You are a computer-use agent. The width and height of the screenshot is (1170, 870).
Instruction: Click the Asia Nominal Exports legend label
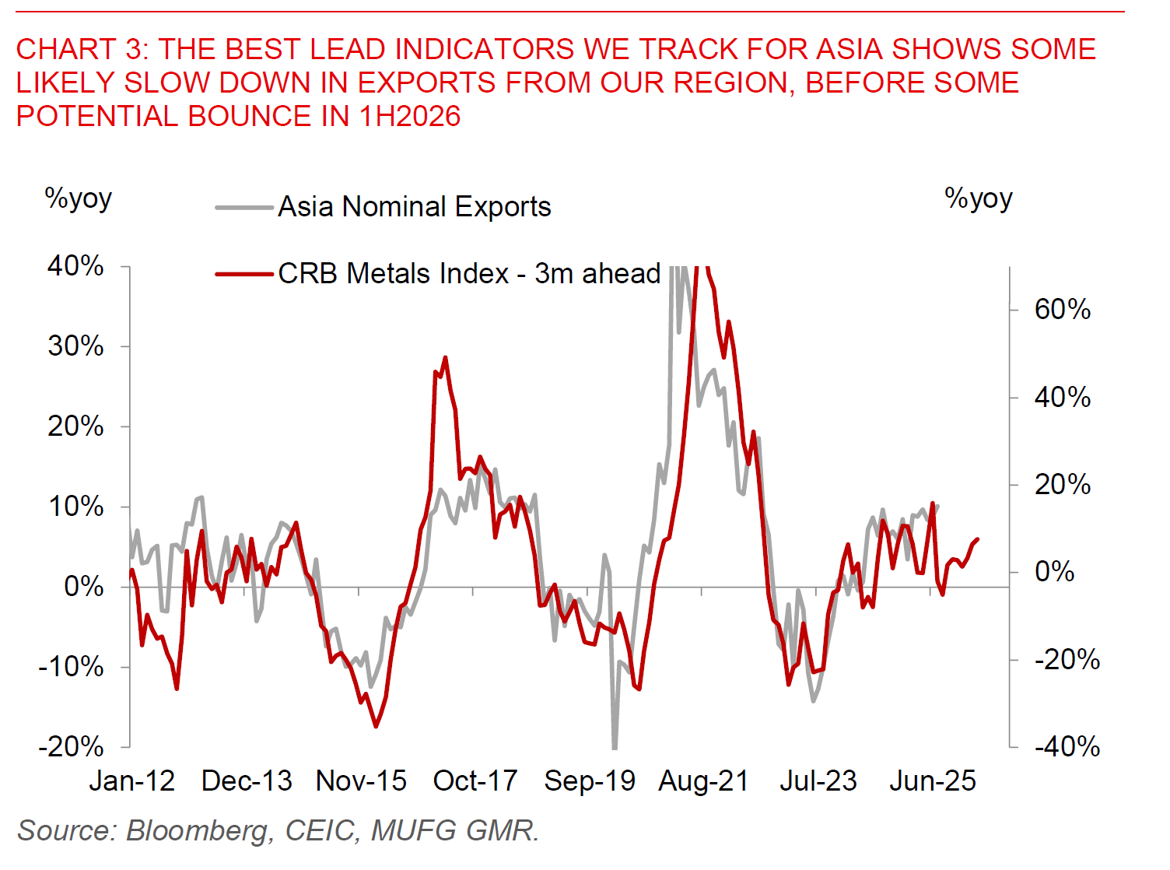pyautogui.click(x=414, y=207)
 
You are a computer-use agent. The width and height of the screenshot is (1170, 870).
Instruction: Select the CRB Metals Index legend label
pyautogui.click(x=469, y=274)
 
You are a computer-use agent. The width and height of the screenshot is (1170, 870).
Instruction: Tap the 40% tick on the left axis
pyautogui.click(x=75, y=266)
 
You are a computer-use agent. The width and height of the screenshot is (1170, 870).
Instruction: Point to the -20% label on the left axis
pyautogui.click(x=71, y=747)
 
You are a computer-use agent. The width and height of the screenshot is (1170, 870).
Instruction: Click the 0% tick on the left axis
pyautogui.click(x=83, y=586)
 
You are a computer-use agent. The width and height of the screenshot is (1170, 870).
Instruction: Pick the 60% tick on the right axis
pyautogui.click(x=1062, y=310)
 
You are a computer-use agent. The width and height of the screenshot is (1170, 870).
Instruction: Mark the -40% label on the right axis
pyautogui.click(x=1067, y=747)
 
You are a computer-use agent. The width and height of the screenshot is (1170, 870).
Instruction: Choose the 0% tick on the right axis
pyautogui.click(x=1054, y=572)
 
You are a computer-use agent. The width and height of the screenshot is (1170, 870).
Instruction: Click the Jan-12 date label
pyautogui.click(x=131, y=781)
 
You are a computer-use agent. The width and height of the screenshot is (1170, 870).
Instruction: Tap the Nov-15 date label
pyautogui.click(x=361, y=781)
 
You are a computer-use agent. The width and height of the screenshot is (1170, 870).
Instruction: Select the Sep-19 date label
pyautogui.click(x=590, y=781)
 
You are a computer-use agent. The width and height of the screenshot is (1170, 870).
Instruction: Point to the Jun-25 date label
pyautogui.click(x=932, y=781)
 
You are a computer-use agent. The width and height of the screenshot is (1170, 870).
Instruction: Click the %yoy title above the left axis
pyautogui.click(x=78, y=198)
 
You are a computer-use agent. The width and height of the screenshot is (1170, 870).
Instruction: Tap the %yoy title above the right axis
pyautogui.click(x=978, y=198)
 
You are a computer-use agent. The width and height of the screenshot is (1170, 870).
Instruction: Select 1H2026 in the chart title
pyautogui.click(x=410, y=117)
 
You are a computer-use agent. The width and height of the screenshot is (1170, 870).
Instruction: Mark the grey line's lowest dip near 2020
pyautogui.click(x=615, y=747)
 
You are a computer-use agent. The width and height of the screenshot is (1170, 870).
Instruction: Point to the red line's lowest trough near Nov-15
pyautogui.click(x=376, y=726)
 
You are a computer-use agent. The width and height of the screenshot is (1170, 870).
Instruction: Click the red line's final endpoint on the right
pyautogui.click(x=978, y=538)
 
